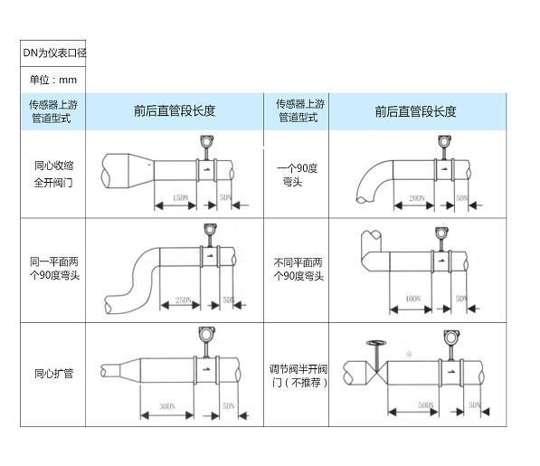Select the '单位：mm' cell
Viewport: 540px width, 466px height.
53,80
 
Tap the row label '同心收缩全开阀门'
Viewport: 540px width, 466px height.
53,174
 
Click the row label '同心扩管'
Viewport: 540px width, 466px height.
53,372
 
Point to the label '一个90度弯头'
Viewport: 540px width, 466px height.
297,174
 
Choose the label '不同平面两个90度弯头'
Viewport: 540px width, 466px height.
297,269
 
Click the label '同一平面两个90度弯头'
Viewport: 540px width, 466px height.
53,269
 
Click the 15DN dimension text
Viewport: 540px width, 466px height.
179,196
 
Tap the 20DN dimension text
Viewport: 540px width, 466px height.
416,196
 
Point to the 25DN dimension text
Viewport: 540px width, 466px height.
183,300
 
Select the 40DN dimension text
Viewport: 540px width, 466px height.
413,298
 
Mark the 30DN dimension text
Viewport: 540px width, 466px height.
166,406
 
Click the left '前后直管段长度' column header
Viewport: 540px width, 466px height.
175,111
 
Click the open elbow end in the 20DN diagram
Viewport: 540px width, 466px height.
365,193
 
